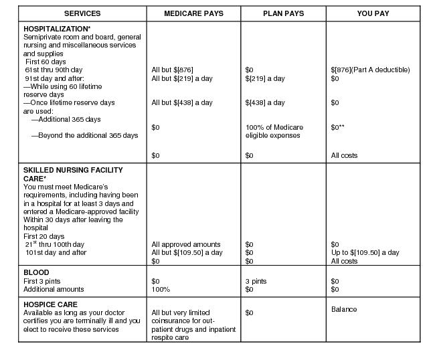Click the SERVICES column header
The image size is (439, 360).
tap(82, 13)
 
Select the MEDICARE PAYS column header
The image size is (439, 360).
tap(193, 13)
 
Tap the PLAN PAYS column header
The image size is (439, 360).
tap(283, 13)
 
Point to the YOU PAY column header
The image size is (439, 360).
tap(373, 13)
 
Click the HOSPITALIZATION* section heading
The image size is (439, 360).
tap(57, 29)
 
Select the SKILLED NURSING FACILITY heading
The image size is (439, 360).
tap(73, 170)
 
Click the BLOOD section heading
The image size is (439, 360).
tap(36, 273)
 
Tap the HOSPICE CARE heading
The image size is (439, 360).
tap(51, 304)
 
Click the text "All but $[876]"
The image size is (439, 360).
tap(173, 70)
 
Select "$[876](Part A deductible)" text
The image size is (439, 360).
tap(370, 70)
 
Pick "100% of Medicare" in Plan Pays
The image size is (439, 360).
tap(274, 127)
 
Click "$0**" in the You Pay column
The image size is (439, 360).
tap(339, 127)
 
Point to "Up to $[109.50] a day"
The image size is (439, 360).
tap(365, 253)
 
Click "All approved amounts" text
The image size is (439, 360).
tap(186, 245)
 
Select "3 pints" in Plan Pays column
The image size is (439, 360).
tap(256, 282)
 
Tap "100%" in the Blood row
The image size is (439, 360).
tap(161, 290)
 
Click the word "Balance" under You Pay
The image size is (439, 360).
tap(344, 309)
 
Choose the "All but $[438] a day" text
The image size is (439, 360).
tap(182, 102)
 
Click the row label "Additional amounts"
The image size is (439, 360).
tap(54, 290)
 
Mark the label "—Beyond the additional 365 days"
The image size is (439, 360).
tap(84, 135)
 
